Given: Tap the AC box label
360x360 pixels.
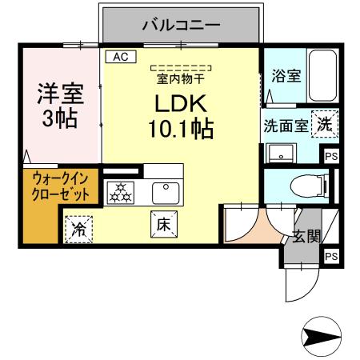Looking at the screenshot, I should tap(121, 57).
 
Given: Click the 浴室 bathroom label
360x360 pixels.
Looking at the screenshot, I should tap(286, 77).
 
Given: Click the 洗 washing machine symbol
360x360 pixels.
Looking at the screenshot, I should tap(324, 123).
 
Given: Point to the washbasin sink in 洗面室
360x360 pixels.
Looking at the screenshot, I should tap(281, 153).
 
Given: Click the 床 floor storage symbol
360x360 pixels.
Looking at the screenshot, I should tap(159, 224).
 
